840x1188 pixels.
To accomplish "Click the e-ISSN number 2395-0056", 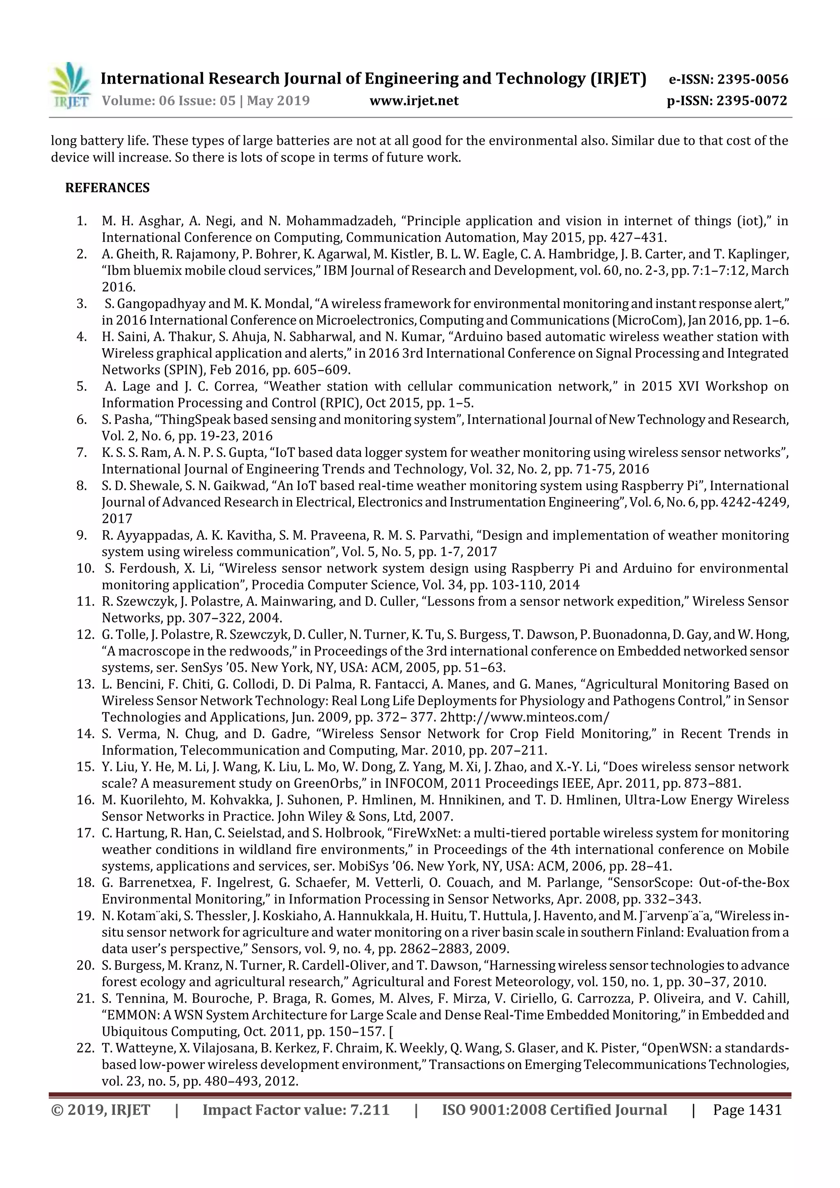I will pyautogui.click(x=753, y=79).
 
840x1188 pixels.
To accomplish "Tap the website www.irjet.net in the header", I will pyautogui.click(x=413, y=100).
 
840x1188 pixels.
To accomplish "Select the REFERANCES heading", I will pyautogui.click(x=107, y=188).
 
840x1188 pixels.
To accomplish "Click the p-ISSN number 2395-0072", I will pyautogui.click(x=751, y=100).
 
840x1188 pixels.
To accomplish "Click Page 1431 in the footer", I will pyautogui.click(x=747, y=1110).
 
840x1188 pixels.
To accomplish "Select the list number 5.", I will pyautogui.click(x=81, y=387).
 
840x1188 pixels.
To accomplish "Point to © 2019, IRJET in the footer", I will pyautogui.click(x=100, y=1110).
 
